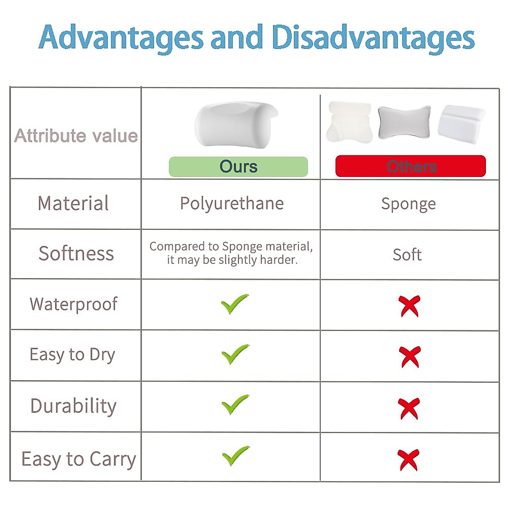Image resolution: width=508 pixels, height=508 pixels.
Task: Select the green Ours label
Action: [x=238, y=167]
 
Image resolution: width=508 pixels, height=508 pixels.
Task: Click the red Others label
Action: [x=411, y=166]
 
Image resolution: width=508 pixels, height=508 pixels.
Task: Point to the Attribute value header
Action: [x=76, y=136]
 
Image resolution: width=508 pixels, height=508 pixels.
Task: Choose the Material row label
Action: [x=73, y=203]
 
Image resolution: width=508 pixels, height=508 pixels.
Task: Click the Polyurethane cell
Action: [x=232, y=204]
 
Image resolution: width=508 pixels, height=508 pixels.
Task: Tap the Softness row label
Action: [x=76, y=253]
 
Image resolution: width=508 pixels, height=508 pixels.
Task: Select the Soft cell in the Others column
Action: [x=407, y=255]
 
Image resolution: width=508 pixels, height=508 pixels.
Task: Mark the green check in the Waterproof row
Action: [x=235, y=304]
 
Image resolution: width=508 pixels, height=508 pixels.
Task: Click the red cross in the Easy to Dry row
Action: [x=410, y=357]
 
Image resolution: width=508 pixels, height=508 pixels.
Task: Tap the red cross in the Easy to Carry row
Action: [x=409, y=460]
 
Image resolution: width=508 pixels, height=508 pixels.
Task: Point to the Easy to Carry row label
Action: [x=79, y=460]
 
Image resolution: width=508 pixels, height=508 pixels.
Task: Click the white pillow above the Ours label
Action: [x=236, y=124]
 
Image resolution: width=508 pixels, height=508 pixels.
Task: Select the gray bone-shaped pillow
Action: [x=404, y=122]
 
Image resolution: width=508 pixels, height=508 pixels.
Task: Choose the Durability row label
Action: [x=73, y=406]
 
